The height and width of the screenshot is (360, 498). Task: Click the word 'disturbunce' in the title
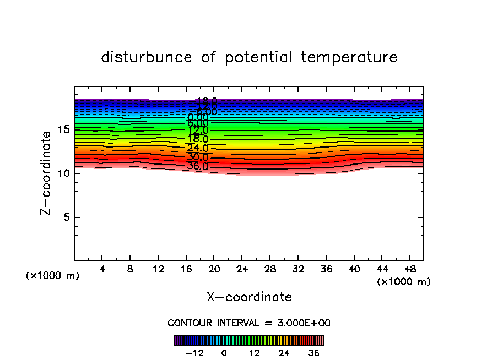(x=147, y=57)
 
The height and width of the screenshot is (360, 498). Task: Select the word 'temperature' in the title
(x=349, y=57)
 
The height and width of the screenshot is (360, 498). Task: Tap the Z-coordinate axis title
(x=47, y=173)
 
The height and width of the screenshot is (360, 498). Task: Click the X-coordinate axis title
(x=249, y=297)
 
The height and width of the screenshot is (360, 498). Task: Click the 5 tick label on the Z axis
(x=67, y=217)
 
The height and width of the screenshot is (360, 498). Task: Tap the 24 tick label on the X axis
(x=242, y=270)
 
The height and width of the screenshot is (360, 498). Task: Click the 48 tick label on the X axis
(x=409, y=270)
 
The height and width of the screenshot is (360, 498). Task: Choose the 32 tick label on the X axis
(x=297, y=270)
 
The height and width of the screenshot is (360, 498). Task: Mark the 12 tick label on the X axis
(x=158, y=270)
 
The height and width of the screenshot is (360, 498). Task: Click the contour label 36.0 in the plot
(x=198, y=166)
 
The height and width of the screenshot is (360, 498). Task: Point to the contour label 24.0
(x=198, y=148)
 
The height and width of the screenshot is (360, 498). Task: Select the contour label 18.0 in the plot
(x=198, y=139)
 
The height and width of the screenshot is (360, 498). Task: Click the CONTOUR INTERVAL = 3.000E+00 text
(x=249, y=323)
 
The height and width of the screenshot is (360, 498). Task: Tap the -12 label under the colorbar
(x=194, y=353)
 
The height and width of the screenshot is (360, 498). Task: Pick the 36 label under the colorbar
(x=314, y=353)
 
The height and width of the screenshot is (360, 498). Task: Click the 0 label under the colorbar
(x=224, y=353)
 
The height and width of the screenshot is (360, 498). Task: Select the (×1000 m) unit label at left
(x=53, y=276)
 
